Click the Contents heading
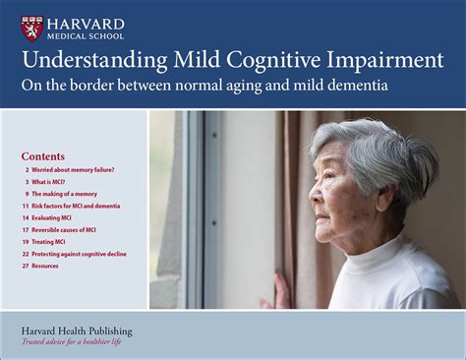point(43,155)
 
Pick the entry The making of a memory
point(66,194)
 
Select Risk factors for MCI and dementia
point(78,206)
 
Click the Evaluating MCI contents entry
point(57,217)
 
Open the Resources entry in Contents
point(45,266)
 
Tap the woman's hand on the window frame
point(281,291)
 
